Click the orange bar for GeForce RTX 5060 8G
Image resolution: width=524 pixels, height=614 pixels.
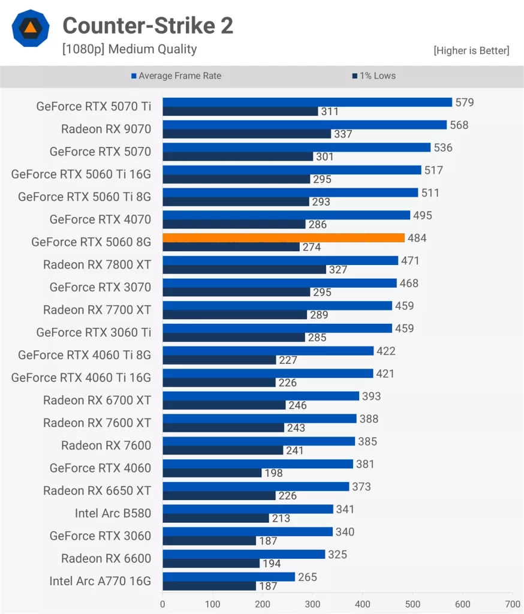point(283,238)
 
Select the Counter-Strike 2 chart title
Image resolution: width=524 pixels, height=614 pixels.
point(147,26)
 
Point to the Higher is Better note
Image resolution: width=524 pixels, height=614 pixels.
point(471,51)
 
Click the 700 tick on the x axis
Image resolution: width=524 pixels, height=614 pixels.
point(513,604)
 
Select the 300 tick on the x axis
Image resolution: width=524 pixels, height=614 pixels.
point(312,604)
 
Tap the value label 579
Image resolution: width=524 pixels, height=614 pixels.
point(464,103)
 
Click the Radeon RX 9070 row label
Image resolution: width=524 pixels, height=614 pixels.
point(106,129)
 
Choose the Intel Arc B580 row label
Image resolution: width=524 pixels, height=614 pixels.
point(113,513)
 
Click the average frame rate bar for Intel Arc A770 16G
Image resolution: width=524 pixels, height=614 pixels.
point(228,577)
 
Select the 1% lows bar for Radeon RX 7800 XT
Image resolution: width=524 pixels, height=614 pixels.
point(244,270)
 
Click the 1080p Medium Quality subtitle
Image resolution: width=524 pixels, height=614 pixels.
point(130,49)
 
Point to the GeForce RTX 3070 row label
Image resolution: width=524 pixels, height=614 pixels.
point(100,287)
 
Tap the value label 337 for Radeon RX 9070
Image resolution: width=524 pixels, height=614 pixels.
point(343,134)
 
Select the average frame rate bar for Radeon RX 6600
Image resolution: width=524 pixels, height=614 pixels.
point(243,554)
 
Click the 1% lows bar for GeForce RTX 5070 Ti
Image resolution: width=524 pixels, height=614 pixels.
point(240,112)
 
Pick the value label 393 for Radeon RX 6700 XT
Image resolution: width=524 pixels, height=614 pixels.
point(371,396)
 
